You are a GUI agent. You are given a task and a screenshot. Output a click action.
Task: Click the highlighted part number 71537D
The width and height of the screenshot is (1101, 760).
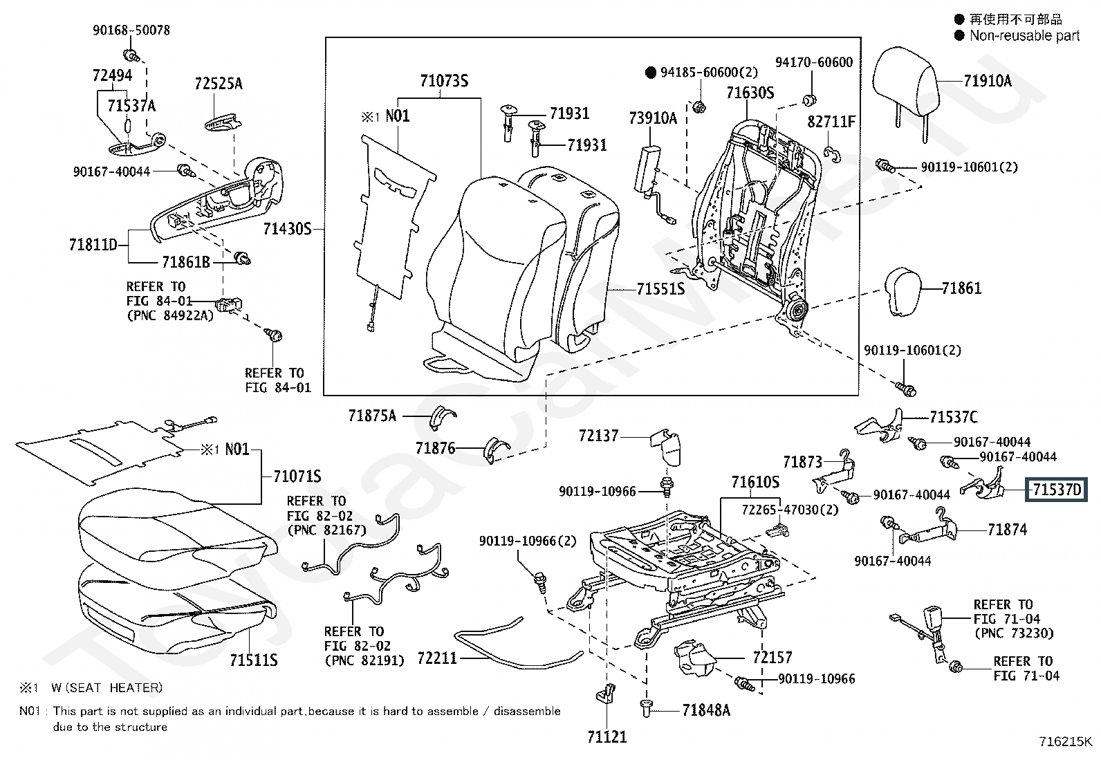(x=1057, y=490)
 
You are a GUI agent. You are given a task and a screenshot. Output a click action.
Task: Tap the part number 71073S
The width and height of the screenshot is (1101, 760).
(x=444, y=81)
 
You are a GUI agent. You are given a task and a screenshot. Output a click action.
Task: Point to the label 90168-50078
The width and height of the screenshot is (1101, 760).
(x=131, y=30)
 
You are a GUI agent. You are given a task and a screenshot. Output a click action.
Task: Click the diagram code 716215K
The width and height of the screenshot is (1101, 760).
(x=1066, y=741)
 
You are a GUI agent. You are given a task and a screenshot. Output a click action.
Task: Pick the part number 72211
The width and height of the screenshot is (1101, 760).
(x=437, y=658)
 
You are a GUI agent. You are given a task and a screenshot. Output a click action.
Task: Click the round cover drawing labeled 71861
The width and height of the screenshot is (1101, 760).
(x=903, y=292)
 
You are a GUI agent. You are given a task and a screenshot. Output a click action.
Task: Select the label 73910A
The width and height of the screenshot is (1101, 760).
(x=654, y=118)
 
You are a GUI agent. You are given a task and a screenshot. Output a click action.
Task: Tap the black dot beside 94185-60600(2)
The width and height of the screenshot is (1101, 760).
(x=650, y=73)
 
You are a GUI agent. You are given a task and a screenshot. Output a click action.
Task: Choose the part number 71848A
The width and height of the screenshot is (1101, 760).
(x=706, y=710)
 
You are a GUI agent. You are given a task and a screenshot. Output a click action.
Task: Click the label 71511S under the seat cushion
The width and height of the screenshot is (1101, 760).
(x=254, y=660)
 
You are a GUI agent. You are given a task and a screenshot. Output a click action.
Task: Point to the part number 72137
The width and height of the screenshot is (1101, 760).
(x=598, y=436)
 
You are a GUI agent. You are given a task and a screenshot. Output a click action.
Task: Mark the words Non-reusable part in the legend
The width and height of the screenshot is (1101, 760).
(x=1025, y=35)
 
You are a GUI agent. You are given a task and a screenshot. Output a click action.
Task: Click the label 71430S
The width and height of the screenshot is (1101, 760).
(x=287, y=229)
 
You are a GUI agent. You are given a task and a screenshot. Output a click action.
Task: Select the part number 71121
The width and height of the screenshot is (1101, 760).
(x=607, y=737)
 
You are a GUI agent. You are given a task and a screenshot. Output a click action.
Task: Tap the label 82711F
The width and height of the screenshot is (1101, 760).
(x=831, y=122)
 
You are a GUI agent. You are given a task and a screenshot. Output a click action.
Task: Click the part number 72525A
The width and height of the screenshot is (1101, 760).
(x=219, y=84)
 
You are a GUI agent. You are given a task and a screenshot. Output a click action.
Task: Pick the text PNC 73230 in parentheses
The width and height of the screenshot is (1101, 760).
(x=1015, y=633)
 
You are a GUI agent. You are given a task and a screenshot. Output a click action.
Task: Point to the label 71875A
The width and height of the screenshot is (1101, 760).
(x=372, y=416)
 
